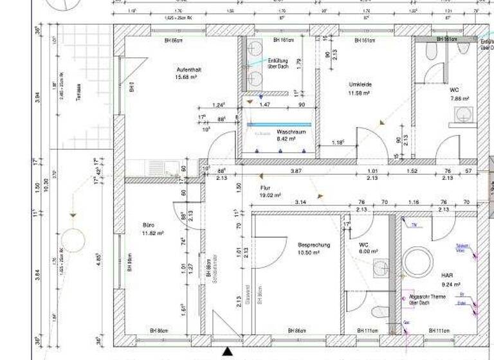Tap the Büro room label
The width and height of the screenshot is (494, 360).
(149, 225)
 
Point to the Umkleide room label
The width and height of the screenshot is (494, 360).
(360, 85)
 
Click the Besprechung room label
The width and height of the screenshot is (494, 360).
(313, 245)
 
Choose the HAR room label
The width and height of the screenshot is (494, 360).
(447, 274)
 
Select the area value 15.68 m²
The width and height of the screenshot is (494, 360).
(186, 77)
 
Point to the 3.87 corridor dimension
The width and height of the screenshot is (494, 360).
(296, 171)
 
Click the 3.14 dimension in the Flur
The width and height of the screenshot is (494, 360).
(300, 202)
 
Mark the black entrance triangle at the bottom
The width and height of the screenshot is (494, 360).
(227, 351)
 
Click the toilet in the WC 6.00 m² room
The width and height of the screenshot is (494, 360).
(380, 312)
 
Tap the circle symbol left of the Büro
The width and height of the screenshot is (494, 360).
(74, 240)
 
